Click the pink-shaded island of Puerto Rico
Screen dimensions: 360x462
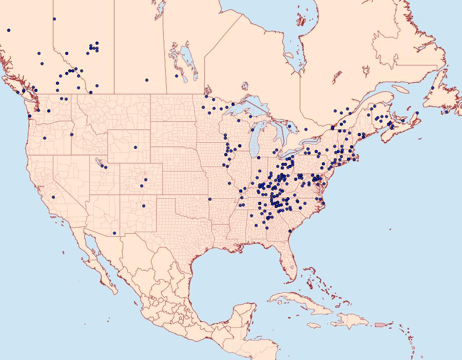(x=380, y=324)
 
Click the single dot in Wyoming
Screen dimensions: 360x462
(x=136, y=147)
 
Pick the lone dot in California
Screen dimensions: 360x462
(x=53, y=197)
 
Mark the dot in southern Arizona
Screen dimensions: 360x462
(x=114, y=233)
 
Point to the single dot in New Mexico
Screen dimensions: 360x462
(x=144, y=206)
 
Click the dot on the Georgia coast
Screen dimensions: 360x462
(x=290, y=232)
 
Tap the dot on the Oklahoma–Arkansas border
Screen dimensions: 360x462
(x=210, y=199)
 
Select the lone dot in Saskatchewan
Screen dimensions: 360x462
(x=146, y=80)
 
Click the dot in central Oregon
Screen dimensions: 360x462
(x=45, y=138)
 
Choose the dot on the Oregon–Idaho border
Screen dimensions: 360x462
(x=71, y=135)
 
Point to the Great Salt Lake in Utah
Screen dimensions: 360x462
(x=98, y=162)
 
